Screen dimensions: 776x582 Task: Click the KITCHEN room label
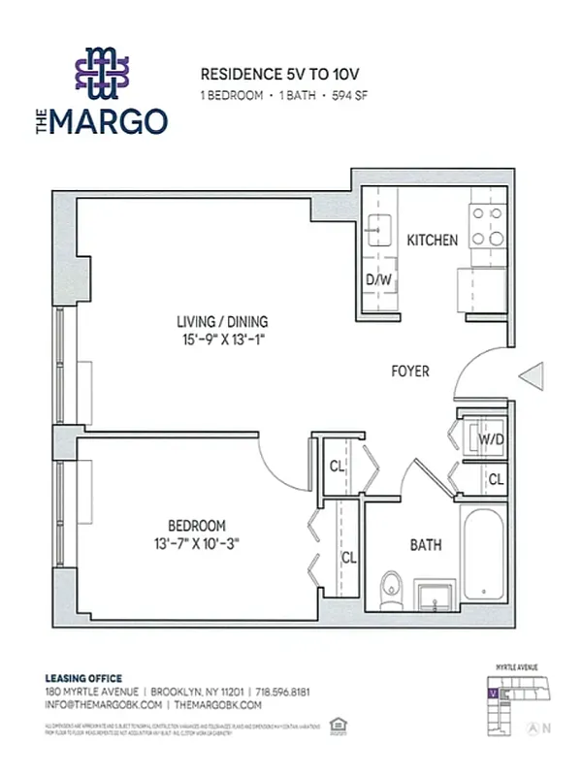click(432, 241)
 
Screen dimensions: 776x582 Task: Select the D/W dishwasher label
click(377, 280)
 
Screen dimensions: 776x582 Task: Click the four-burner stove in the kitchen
click(486, 226)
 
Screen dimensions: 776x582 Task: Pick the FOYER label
click(409, 372)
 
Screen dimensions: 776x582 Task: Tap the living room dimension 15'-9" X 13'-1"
click(222, 340)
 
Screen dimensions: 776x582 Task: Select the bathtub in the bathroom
click(482, 553)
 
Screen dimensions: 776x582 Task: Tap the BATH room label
click(425, 545)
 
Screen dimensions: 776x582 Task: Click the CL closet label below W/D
click(495, 479)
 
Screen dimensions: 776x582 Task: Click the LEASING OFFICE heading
click(83, 678)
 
